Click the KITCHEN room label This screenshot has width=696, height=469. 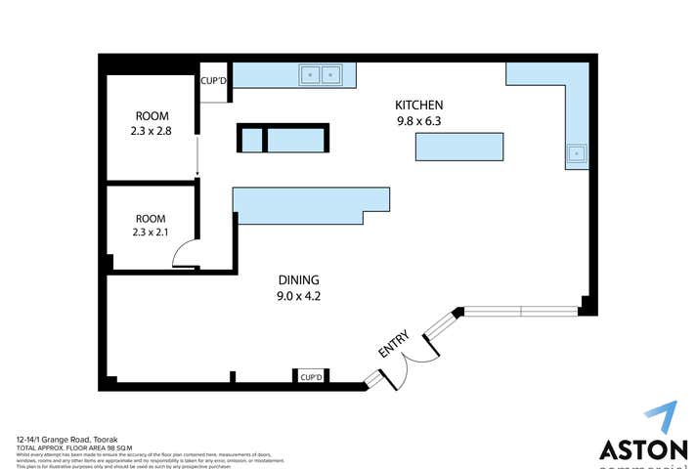coord(419,106)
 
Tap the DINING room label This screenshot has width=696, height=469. coord(298,278)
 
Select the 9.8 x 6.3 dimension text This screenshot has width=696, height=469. coord(419,122)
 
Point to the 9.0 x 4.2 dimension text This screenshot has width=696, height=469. coord(298,295)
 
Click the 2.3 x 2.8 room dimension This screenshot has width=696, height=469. coord(152,129)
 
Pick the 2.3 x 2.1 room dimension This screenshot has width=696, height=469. coord(152,233)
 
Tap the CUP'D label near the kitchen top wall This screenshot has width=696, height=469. coord(214,80)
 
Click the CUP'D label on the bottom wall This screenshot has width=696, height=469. coord(312,376)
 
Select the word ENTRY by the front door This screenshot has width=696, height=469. coord(393,345)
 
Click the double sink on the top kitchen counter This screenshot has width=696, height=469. coord(321,73)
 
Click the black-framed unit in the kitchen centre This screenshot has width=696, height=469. coord(283,139)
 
